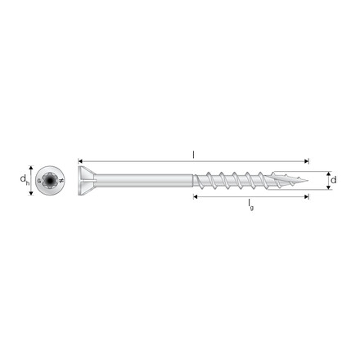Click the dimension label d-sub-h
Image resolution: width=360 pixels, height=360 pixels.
[x=25, y=180]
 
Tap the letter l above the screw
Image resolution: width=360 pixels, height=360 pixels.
[x=193, y=155]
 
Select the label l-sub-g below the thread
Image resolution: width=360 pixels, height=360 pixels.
[x=250, y=205]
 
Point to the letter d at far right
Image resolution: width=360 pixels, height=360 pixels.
[x=333, y=180]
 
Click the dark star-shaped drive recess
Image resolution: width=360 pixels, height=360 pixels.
[x=50, y=180]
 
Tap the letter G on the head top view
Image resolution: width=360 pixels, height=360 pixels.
[x=39, y=181]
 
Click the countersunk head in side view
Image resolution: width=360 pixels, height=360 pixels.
[x=87, y=181]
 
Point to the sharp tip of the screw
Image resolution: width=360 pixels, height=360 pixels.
[x=308, y=180]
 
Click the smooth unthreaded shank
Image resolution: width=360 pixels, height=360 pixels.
[x=145, y=181]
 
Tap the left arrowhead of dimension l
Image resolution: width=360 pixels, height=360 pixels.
[x=80, y=161]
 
